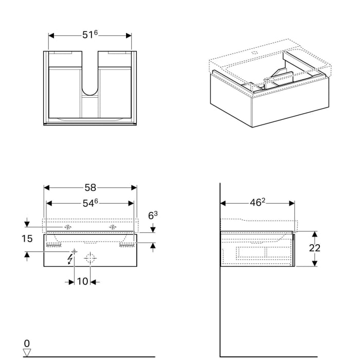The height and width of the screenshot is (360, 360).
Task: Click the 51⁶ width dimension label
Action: pos(90,35)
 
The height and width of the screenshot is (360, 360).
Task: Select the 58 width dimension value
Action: pos(91,188)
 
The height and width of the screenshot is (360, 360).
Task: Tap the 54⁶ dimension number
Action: pos(91,204)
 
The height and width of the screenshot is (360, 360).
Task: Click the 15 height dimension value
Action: pos(27,239)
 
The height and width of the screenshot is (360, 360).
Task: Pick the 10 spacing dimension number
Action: pos(82,282)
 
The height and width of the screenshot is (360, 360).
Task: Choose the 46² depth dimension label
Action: pos(257,203)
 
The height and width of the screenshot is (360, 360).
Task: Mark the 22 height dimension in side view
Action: pos(314,248)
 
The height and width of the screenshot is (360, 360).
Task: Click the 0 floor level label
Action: pos(27,343)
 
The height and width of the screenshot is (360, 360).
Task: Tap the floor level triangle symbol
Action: pos(27,352)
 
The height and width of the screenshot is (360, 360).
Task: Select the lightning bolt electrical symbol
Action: pos(70,260)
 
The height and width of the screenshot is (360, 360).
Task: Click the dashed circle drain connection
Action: pos(90,259)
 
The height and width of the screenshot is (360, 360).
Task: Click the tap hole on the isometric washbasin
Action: pos(256,52)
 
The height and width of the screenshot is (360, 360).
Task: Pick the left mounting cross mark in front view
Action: pos(67,227)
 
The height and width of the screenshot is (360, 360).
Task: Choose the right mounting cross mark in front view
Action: pos(113,227)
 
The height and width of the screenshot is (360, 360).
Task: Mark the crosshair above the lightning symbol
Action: pos(74,251)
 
